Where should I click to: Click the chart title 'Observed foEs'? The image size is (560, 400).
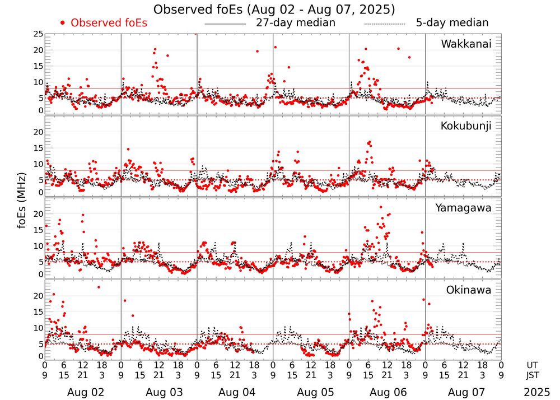coord(274,10)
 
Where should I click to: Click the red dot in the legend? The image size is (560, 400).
coord(63,23)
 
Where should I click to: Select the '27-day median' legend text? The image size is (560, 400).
coord(296,23)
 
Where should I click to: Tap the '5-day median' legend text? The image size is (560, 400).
coord(452,23)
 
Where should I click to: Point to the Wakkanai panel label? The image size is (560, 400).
coord(466,44)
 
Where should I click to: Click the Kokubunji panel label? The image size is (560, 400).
coord(466,126)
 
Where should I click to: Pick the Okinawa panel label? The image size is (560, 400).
coord(469,290)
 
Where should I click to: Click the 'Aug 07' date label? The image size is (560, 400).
coord(463,393)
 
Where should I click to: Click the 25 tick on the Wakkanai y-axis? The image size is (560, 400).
coord(38,34)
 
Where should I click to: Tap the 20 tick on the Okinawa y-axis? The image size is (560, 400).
coord(38,295)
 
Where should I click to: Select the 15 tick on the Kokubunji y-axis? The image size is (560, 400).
coord(38,148)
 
